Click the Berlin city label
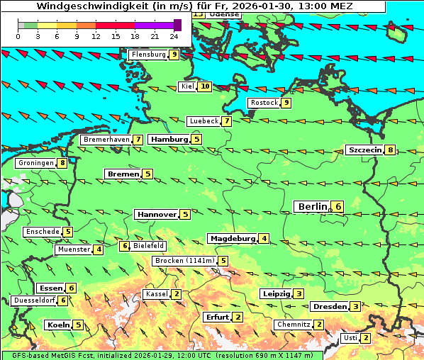tap(312, 206)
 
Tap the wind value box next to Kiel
tap(205, 86)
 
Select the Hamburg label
tap(169, 140)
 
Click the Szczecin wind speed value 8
tap(390, 150)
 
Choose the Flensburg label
tap(148, 55)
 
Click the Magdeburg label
tap(232, 238)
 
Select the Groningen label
tap(36, 163)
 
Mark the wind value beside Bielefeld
tap(125, 246)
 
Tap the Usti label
tap(350, 337)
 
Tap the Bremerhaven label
tap(106, 140)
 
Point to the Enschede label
tap(42, 231)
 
